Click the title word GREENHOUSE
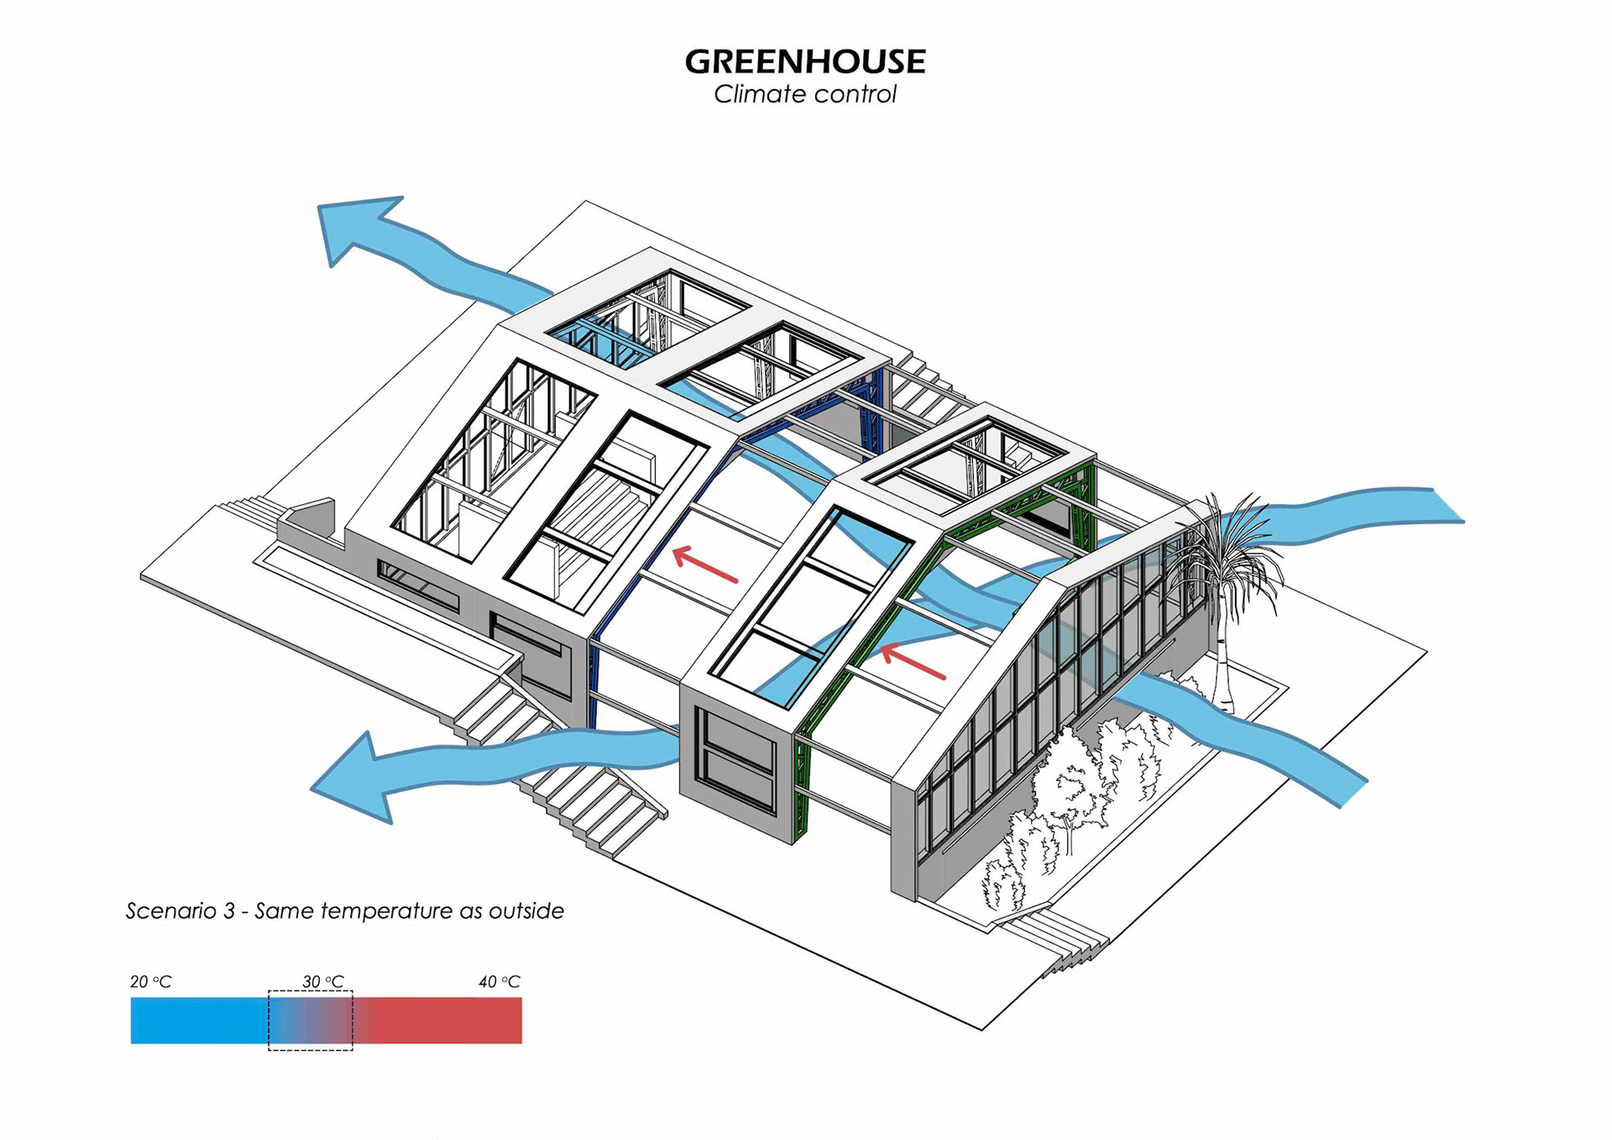(804, 61)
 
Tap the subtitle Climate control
(804, 94)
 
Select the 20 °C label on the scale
(150, 981)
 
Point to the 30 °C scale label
(322, 981)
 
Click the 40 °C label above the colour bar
(499, 981)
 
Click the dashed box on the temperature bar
(311, 1020)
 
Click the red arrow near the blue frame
(705, 565)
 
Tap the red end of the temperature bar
(470, 1020)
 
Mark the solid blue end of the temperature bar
(185, 1020)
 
